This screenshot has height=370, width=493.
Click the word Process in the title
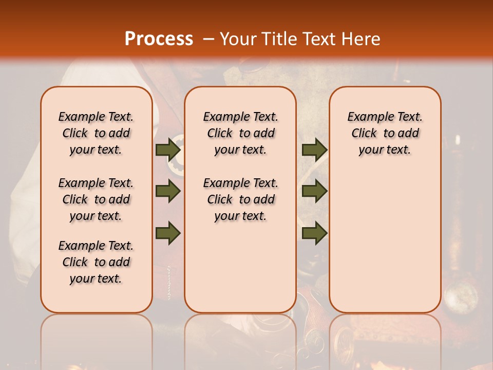click(x=159, y=39)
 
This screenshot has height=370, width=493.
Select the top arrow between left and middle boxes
click(x=168, y=150)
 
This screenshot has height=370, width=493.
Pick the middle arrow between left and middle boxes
click(x=168, y=192)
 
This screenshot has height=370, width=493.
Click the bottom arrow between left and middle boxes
click(x=168, y=233)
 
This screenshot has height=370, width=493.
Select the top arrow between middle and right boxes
click(x=314, y=150)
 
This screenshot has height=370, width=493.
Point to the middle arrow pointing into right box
click(x=314, y=192)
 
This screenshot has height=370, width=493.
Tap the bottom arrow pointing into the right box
click(x=314, y=233)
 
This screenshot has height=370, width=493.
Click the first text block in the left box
click(x=96, y=133)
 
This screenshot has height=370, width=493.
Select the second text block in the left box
click(x=96, y=199)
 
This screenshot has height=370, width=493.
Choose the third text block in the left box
click(x=96, y=262)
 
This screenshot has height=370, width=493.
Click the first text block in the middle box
click(x=240, y=133)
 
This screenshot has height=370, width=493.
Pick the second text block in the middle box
click(x=240, y=199)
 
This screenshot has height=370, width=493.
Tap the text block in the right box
click(x=385, y=133)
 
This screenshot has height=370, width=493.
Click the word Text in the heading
click(x=319, y=39)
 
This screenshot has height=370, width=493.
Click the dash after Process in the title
click(x=208, y=39)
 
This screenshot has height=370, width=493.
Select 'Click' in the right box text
click(x=364, y=134)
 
